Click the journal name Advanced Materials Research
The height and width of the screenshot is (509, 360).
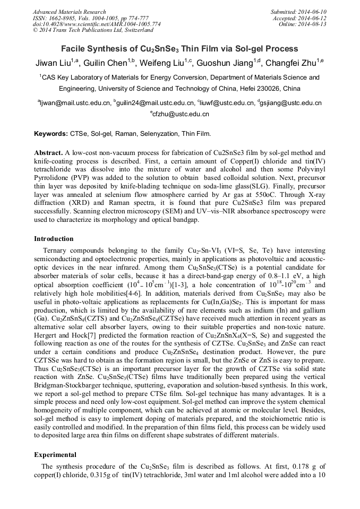pyautogui.click(x=69, y=12)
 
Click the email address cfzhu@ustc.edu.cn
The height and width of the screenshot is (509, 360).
pyautogui.click(x=181, y=114)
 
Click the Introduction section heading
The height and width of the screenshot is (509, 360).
pyautogui.click(x=54, y=239)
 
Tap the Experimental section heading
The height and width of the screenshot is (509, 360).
pyautogui.click(x=55, y=455)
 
